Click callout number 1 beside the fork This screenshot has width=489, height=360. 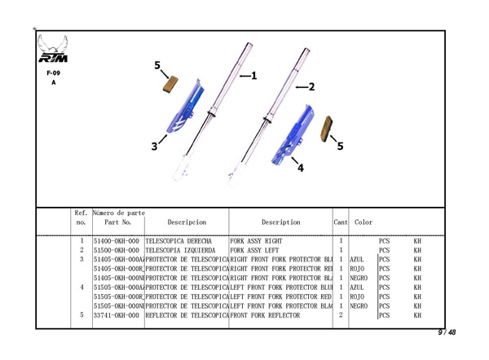coord(253,76)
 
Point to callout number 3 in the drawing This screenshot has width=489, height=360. coord(154,147)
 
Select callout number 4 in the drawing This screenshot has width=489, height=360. coord(301,169)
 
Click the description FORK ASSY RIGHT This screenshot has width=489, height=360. coord(257,242)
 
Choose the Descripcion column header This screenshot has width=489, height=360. coord(187,222)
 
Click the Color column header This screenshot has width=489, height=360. coord(363,222)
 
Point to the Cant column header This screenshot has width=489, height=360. coord(341,222)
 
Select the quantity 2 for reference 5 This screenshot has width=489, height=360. coord(340,314)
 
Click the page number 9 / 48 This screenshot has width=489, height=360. coord(446,332)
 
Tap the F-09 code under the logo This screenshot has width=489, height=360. coord(54,72)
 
